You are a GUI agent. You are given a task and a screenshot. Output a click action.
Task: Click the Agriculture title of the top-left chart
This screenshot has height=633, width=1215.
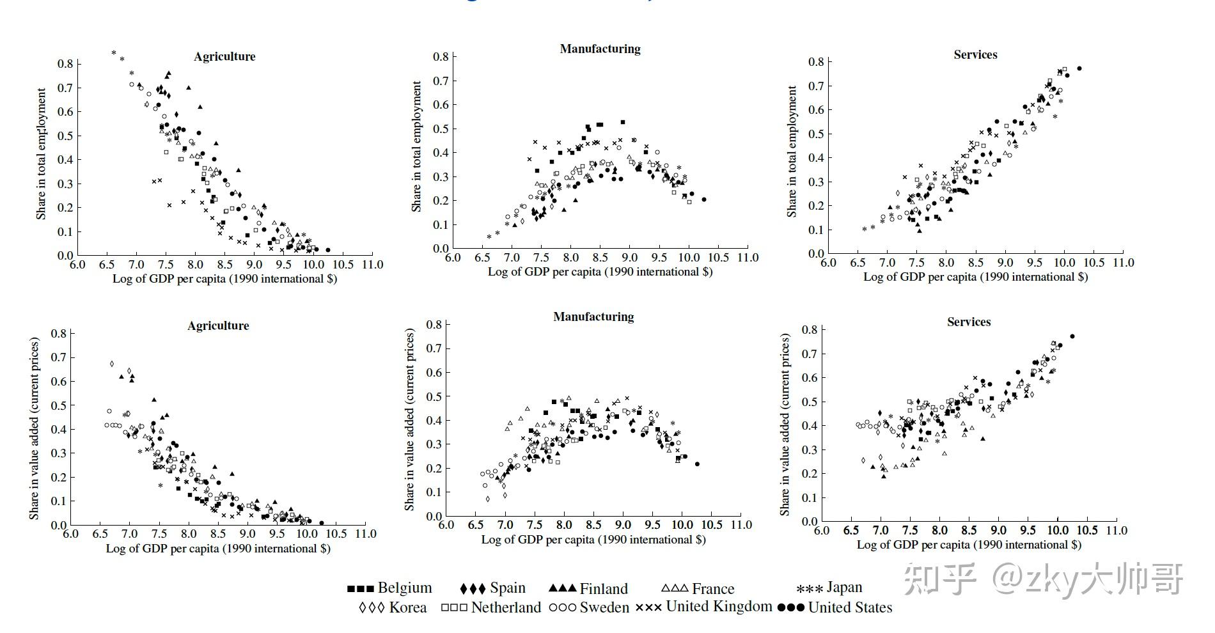[224, 57]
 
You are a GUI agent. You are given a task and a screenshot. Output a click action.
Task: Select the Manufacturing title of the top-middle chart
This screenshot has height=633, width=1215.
[600, 49]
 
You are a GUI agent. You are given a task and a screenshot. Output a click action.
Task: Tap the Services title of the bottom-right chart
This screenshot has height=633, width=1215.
[969, 322]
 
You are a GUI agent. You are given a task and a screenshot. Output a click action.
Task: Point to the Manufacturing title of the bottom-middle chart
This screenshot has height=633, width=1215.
[593, 317]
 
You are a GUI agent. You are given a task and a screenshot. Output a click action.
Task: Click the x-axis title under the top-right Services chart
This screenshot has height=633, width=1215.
[975, 277]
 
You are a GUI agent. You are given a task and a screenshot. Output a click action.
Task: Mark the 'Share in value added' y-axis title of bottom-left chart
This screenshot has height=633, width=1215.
[35, 428]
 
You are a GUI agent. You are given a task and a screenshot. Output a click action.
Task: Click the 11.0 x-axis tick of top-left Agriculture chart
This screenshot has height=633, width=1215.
[372, 265]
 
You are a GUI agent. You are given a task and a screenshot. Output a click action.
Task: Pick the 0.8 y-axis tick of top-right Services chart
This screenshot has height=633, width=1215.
[816, 62]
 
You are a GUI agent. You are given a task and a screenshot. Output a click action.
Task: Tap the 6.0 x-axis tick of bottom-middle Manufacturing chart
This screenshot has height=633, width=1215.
[446, 525]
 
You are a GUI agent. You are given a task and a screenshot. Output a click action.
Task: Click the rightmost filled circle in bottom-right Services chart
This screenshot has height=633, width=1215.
[1072, 336]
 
